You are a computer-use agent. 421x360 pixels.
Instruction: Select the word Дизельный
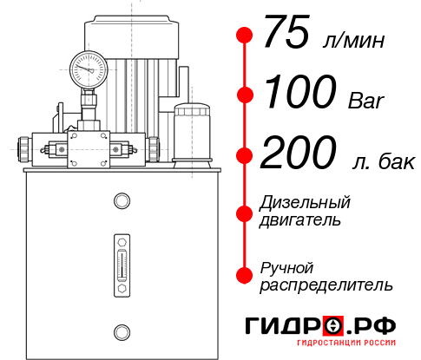(x=306, y=203)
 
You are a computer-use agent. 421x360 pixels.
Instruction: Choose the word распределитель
(x=326, y=284)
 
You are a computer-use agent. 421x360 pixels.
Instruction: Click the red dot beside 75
(x=245, y=36)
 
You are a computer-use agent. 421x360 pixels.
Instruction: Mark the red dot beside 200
(x=245, y=155)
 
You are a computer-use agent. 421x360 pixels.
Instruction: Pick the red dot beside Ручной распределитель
(x=245, y=275)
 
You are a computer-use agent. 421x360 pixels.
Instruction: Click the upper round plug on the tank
(x=122, y=202)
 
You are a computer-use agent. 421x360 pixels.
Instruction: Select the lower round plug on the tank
(x=122, y=331)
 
